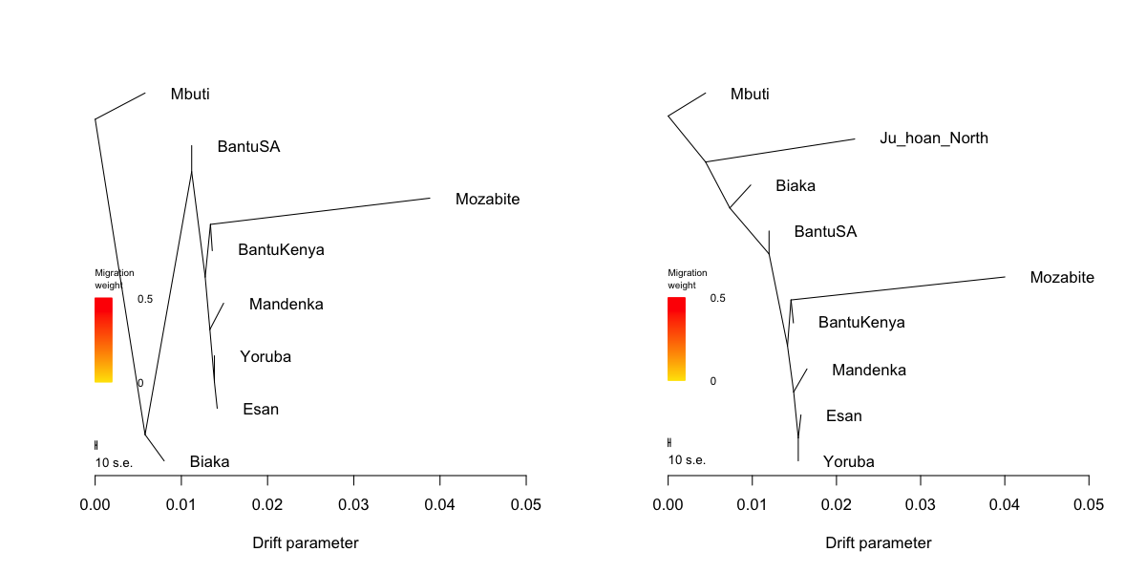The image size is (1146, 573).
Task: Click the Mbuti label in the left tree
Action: (x=190, y=94)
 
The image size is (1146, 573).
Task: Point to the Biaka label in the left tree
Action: (x=209, y=462)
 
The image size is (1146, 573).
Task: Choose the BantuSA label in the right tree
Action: (x=825, y=232)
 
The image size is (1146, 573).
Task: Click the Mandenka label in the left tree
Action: (x=286, y=305)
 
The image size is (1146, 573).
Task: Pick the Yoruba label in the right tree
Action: (x=848, y=462)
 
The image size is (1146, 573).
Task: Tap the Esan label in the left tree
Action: (x=261, y=410)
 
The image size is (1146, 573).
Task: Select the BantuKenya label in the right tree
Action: (x=861, y=323)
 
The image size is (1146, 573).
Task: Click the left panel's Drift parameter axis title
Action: (x=306, y=543)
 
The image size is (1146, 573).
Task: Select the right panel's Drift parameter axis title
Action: (x=879, y=543)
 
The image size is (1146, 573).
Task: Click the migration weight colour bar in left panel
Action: (x=103, y=340)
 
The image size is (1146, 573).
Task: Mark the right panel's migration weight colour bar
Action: (x=676, y=339)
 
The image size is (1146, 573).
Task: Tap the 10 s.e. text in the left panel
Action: (x=114, y=463)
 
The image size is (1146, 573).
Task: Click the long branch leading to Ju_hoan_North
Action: (x=781, y=151)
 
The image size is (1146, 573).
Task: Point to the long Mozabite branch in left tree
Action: (x=320, y=211)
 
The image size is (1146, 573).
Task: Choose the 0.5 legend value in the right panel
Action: (x=717, y=298)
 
